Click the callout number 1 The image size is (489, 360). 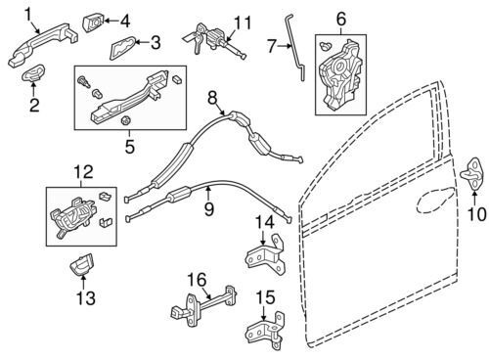(28, 15)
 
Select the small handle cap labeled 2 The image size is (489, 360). (33, 72)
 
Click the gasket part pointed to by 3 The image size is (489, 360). (122, 48)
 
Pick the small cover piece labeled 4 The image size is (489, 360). (94, 22)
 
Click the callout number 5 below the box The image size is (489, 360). (130, 146)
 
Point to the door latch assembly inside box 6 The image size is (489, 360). (339, 75)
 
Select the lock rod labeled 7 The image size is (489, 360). (295, 48)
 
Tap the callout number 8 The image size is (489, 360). (212, 98)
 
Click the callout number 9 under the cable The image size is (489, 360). (209, 208)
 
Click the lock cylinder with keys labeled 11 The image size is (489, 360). (213, 41)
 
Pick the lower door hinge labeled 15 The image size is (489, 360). (265, 330)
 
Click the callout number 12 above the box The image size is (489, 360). (83, 171)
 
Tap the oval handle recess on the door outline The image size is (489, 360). (435, 201)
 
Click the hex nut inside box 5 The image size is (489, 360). (126, 120)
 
